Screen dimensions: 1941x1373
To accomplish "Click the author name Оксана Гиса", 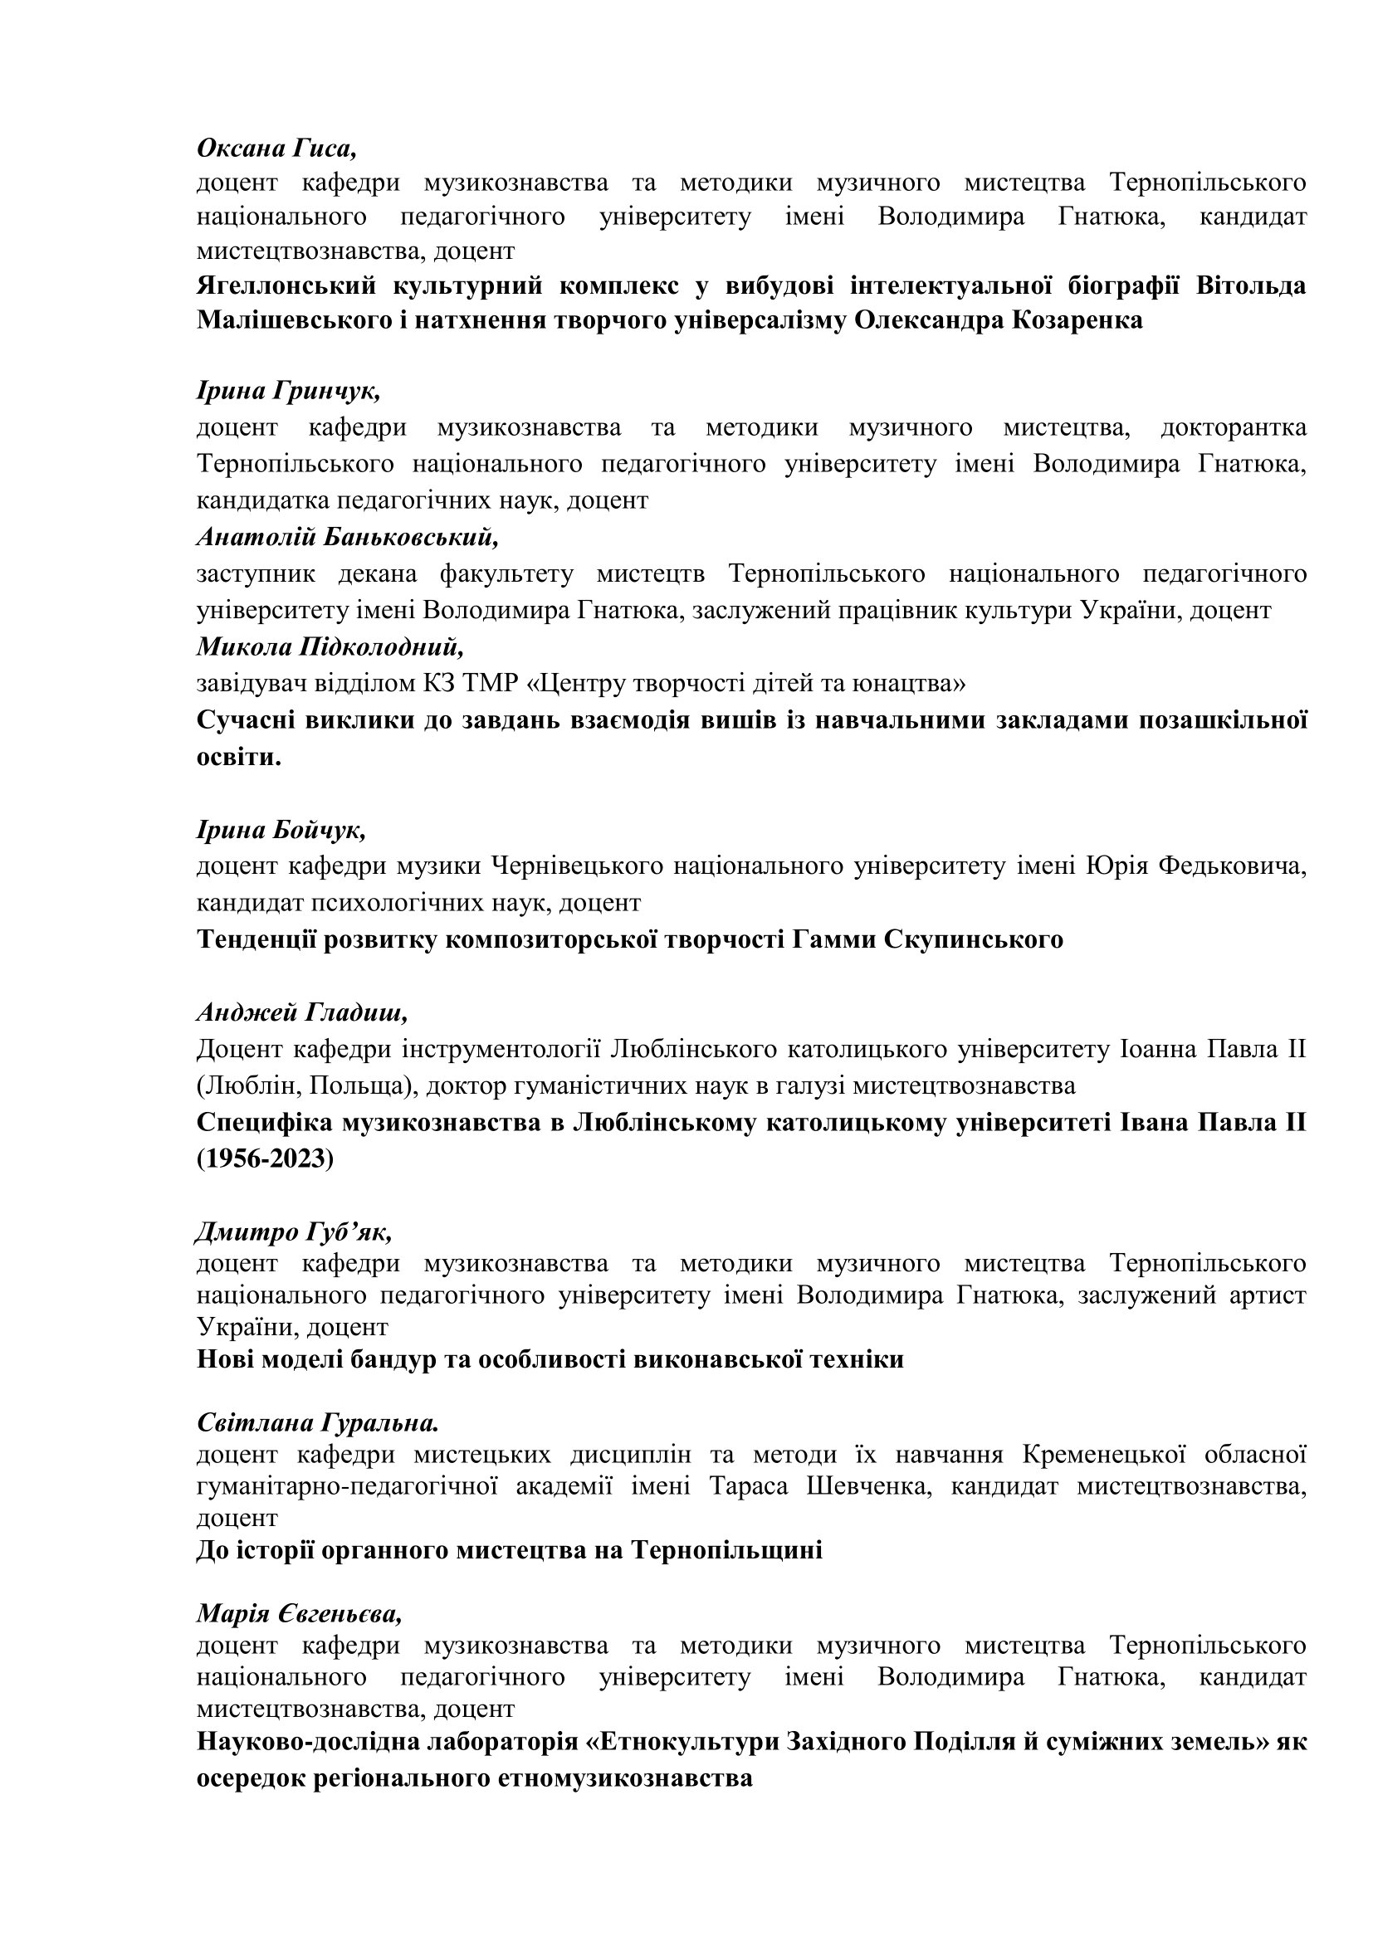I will coord(276,148).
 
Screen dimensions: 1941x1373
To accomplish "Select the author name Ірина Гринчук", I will coord(288,391).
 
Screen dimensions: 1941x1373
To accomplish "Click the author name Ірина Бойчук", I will coord(281,830).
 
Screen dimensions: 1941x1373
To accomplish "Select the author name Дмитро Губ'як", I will coord(294,1232).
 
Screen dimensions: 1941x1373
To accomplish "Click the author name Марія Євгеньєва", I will coord(300,1614).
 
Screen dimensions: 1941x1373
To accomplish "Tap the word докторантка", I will coord(1234,427).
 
